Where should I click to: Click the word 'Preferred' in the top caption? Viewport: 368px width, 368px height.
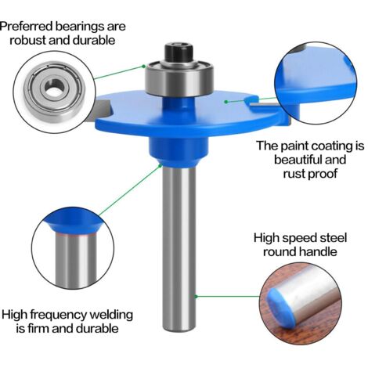[27, 27]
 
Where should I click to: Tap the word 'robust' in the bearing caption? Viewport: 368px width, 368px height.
[27, 41]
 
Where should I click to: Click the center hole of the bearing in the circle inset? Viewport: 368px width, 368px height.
[55, 87]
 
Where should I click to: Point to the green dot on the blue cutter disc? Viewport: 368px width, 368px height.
[226, 102]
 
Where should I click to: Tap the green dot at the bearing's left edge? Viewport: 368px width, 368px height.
[143, 67]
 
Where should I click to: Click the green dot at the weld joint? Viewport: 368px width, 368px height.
[161, 165]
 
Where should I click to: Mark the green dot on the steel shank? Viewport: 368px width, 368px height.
[196, 296]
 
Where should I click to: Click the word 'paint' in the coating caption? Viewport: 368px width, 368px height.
[294, 146]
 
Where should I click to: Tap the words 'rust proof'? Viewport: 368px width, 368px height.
[310, 174]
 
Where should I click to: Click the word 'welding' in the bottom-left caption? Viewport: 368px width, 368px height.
[111, 315]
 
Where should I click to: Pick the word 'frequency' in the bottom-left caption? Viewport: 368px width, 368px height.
[59, 315]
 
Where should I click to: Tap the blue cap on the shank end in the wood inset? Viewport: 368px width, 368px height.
[280, 308]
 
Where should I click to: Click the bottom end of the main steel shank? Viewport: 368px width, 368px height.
[179, 330]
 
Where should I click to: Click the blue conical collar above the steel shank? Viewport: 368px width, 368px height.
[179, 152]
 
